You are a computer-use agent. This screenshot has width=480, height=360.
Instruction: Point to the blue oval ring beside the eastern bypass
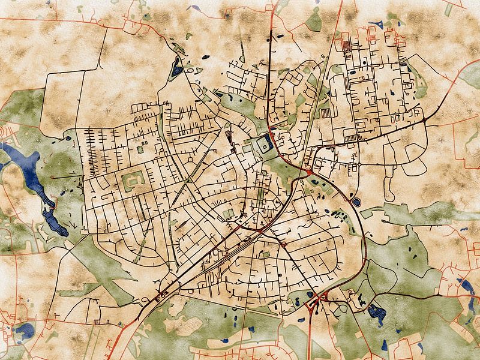coord(356,203)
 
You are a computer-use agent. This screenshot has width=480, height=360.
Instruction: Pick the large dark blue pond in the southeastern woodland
coord(376,311)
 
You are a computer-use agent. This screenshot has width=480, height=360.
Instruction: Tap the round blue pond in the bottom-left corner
coord(25,330)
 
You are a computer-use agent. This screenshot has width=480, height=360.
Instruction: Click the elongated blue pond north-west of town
coord(176,67)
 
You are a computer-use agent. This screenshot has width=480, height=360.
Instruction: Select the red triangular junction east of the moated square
coord(308,173)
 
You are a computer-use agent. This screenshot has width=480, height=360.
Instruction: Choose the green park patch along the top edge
coord(314,21)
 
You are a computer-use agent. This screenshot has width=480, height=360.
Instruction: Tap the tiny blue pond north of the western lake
coord(67,139)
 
